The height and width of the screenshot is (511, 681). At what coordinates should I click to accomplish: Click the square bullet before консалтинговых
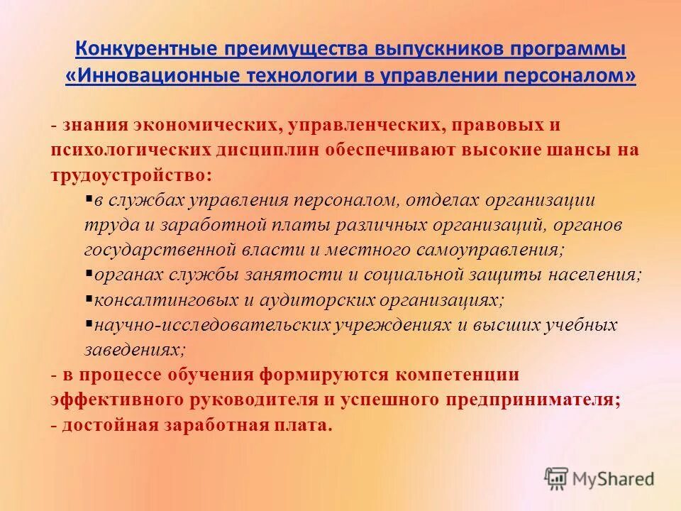coord(89,299)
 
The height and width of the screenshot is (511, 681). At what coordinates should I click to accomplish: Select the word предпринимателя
coord(532,399)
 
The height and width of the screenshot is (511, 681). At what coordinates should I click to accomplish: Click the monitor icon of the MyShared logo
coord(557,477)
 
